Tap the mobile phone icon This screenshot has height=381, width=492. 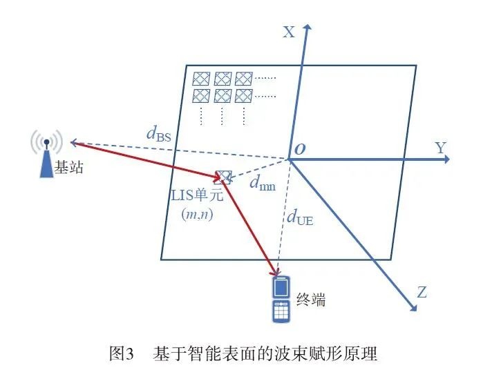(281, 300)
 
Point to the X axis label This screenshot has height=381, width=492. (289, 32)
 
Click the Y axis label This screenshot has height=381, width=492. (440, 147)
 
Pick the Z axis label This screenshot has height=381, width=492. (422, 292)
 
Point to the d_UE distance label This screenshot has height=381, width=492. (300, 219)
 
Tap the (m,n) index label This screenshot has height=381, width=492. (197, 214)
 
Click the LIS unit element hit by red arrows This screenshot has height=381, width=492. (223, 177)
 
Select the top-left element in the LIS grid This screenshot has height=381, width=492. (201, 77)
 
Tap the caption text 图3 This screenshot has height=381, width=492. (123, 354)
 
